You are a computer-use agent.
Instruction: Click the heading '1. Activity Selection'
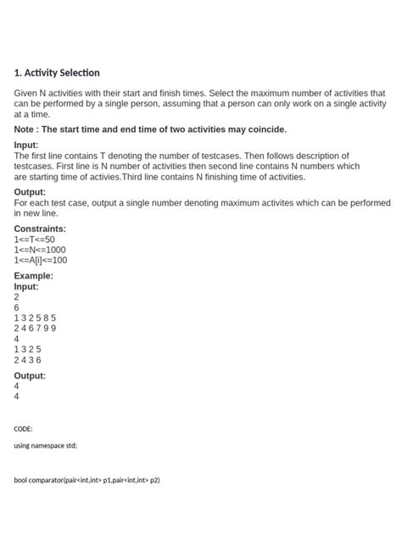coord(57,73)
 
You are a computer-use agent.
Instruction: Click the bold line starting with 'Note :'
coord(150,130)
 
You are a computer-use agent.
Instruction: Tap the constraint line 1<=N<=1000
coord(40,250)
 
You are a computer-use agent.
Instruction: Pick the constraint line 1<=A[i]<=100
coord(41,260)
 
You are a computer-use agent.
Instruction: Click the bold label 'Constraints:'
coord(40,229)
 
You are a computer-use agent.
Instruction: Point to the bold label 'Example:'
coord(34,276)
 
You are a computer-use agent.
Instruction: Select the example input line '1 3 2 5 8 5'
coord(35,318)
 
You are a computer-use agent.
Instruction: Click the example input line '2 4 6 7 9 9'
coord(35,328)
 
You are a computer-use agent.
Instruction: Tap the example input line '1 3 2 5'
coord(28,349)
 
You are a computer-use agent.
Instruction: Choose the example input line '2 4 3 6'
coord(28,359)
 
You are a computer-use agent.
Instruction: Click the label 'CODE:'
coord(24,429)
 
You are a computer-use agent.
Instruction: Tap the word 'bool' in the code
coord(21,480)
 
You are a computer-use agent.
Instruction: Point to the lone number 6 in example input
coord(17,308)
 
